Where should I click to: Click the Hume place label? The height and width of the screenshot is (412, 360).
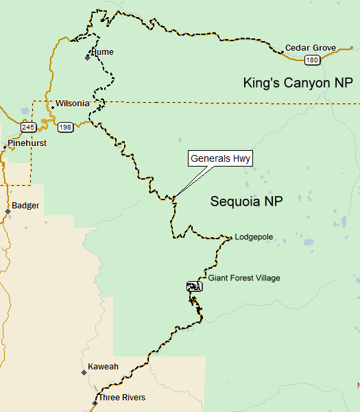point(103,52)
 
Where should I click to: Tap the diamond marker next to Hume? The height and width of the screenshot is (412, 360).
point(88,58)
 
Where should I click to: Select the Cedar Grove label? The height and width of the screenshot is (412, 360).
point(311,48)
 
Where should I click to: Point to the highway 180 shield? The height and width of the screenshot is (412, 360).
point(312,60)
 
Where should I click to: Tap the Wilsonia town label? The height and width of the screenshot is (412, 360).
point(73,104)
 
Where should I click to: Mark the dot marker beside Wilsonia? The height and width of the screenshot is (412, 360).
point(53,107)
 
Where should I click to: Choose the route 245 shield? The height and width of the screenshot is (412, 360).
point(28,128)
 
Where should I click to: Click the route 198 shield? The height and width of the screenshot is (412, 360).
point(65,128)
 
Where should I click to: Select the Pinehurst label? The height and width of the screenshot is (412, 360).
point(27,143)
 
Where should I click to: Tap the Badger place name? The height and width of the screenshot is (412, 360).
point(26,206)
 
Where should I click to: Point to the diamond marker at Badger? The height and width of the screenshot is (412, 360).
point(8,211)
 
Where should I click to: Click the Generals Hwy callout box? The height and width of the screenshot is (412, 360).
point(221,159)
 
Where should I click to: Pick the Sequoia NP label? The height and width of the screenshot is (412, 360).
point(246,202)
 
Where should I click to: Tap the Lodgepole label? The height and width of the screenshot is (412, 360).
point(254,237)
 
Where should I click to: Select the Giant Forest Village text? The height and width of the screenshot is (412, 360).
point(244,278)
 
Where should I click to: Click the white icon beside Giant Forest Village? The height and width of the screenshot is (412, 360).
point(193,287)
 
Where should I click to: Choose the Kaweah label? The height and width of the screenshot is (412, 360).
point(104,367)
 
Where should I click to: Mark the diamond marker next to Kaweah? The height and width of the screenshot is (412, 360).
point(84,372)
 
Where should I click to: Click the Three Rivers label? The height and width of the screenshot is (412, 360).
point(122,398)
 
